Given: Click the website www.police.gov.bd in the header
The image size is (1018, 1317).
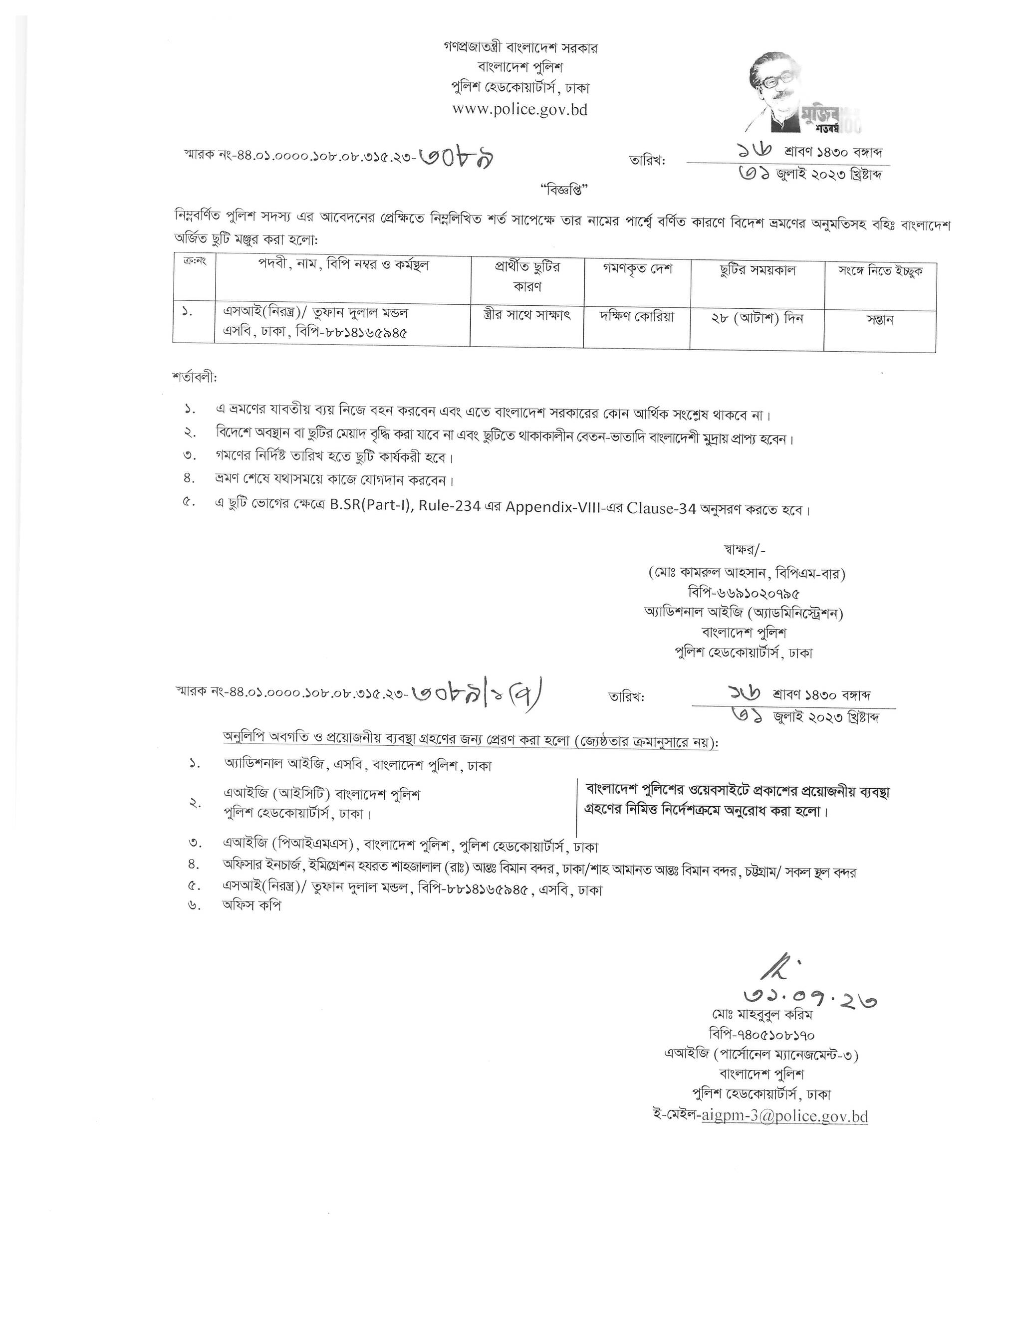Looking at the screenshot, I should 519,110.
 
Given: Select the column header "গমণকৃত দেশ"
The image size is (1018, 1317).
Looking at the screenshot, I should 637,269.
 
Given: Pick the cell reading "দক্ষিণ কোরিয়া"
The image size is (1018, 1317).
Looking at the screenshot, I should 636,317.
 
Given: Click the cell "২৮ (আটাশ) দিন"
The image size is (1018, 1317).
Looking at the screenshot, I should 757,318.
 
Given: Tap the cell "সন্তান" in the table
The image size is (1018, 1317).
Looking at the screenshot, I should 879,320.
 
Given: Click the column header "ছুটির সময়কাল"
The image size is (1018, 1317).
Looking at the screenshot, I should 758,270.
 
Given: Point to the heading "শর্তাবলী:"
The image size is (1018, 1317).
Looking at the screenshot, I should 194,378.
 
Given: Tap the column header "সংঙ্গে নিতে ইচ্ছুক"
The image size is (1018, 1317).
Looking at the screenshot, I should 880,271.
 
